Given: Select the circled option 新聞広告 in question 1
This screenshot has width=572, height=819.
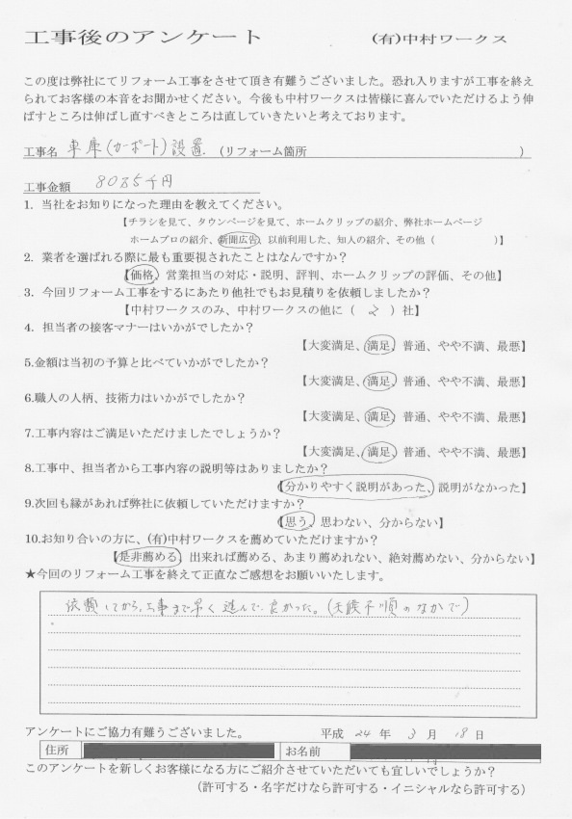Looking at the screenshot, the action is (238, 238).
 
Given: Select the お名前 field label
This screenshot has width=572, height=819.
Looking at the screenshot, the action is (301, 750).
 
